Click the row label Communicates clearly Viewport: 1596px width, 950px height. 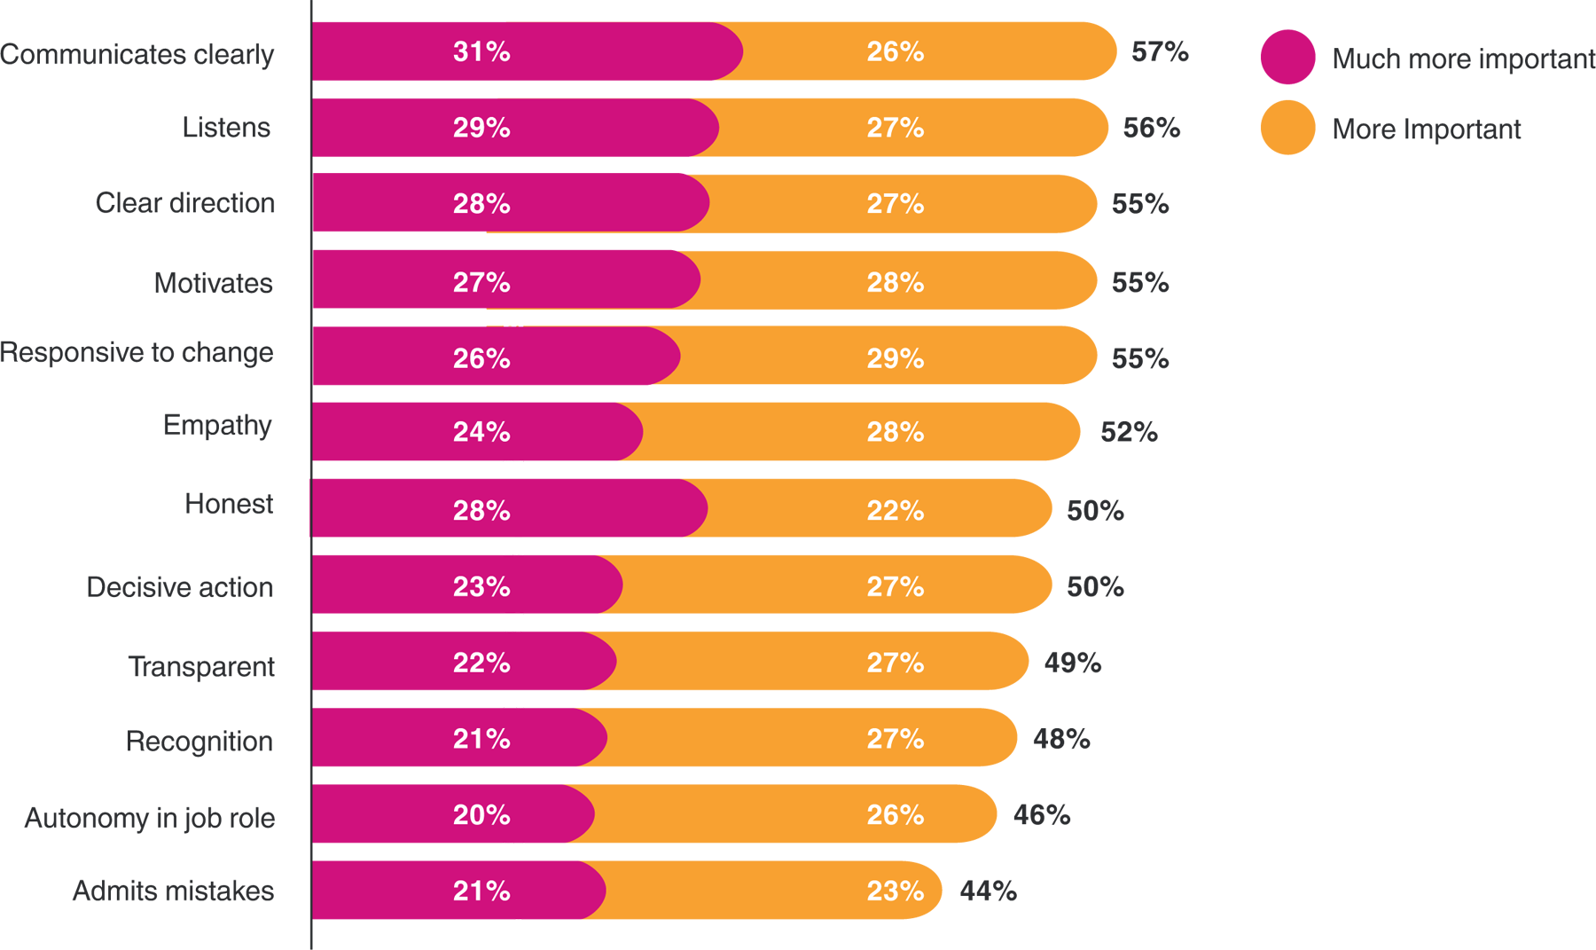coord(137,54)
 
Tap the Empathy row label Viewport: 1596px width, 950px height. coord(217,426)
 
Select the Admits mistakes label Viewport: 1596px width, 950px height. coord(174,891)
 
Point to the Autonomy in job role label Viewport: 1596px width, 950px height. coord(150,818)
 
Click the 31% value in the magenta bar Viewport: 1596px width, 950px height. coord(481,52)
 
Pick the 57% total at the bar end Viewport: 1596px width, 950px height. coord(1160,52)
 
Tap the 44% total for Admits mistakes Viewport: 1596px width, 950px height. coord(988,891)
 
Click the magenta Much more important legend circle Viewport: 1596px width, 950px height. coord(1287,58)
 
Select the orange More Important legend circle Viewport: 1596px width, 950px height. coord(1287,128)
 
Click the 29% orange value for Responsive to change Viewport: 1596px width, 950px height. coord(896,358)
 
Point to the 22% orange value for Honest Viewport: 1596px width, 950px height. coord(896,511)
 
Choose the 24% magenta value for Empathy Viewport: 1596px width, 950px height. coord(481,432)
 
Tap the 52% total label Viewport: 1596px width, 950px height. coord(1129,432)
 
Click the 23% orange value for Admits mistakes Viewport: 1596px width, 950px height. coord(896,891)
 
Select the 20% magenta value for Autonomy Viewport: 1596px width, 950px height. coord(481,815)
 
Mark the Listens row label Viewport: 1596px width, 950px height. coord(226,128)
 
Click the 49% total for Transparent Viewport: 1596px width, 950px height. coord(1073,663)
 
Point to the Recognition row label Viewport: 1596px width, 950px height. coord(199,742)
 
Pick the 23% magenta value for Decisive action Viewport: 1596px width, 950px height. coord(481,587)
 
